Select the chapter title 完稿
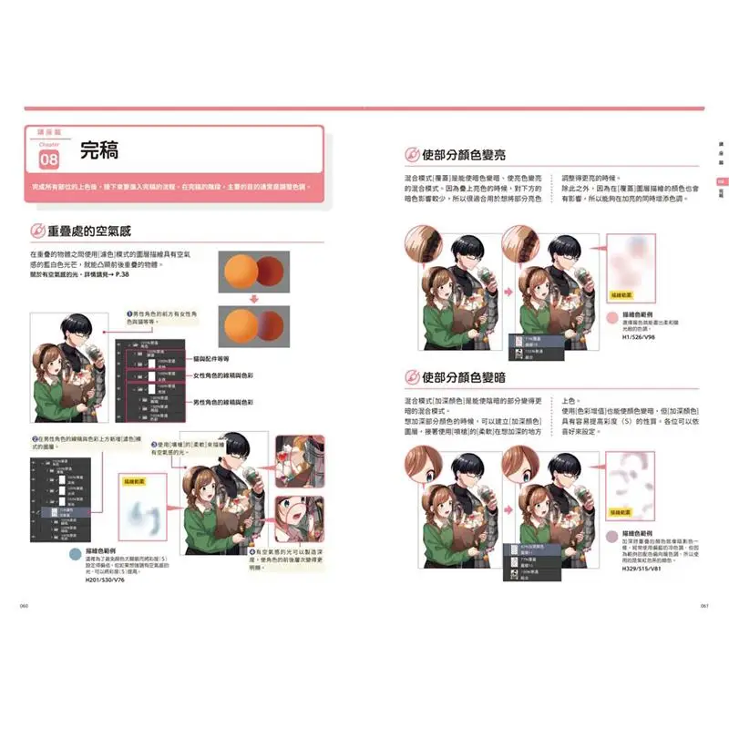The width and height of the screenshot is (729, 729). click(99, 150)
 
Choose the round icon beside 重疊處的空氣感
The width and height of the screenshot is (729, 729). click(40, 231)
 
